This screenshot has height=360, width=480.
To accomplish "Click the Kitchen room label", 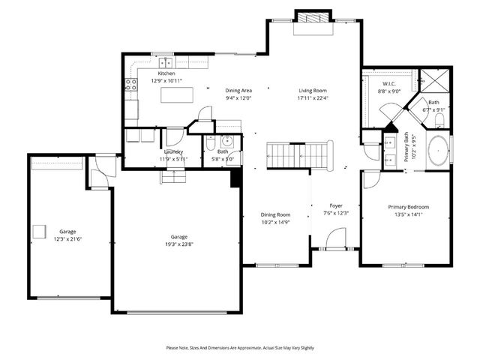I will coord(166,73).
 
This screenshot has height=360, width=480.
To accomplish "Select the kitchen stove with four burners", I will coord(130,85).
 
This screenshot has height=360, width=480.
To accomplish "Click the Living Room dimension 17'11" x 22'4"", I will coord(312,98).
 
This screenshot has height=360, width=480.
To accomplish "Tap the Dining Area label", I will coord(238,91).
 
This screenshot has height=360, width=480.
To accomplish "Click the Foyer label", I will coord(336,205).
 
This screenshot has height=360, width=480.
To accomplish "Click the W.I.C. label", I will coord(388,84).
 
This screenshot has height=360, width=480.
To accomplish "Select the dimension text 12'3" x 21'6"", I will coord(68,238).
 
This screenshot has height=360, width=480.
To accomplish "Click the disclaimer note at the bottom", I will coord(240,348).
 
